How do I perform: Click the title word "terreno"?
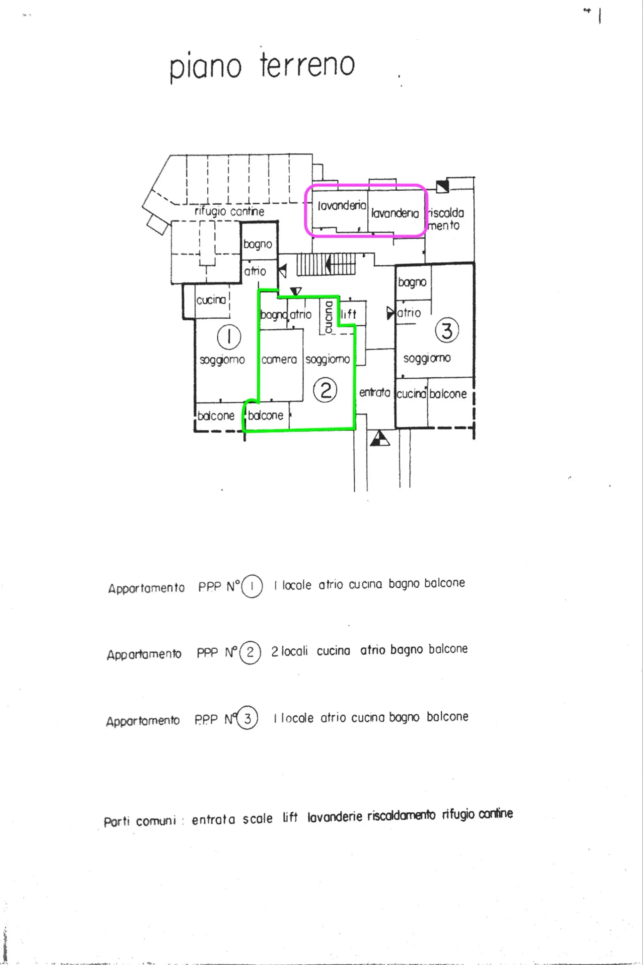(307, 65)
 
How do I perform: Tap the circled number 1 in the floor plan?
(229, 337)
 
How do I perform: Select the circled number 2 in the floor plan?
(325, 390)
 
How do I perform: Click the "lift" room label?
(349, 314)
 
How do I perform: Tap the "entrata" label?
(374, 393)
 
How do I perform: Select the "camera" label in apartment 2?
(279, 360)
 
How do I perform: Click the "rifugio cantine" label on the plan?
(229, 211)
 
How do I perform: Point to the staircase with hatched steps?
(326, 265)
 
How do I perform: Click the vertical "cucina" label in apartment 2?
(329, 318)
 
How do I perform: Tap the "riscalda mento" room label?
(445, 219)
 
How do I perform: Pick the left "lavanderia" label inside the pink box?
(342, 205)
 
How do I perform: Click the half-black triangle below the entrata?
(380, 438)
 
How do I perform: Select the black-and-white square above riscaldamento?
(442, 187)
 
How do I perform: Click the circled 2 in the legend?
(250, 652)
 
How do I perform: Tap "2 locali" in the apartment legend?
(289, 651)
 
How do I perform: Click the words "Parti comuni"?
(140, 821)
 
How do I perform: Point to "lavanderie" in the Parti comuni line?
(335, 817)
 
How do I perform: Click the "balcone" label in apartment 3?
(448, 394)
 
